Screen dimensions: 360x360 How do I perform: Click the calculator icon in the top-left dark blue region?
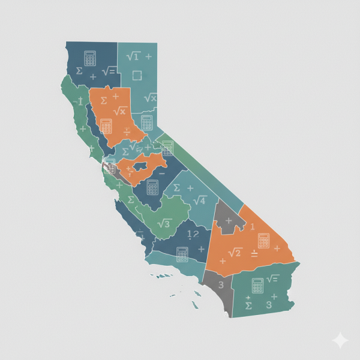90,58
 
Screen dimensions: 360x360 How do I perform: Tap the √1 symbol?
133,56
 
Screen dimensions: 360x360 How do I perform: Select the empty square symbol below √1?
136,76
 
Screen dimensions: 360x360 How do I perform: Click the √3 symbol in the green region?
163,223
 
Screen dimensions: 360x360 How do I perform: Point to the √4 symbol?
199,200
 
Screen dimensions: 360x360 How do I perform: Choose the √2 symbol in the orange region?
235,252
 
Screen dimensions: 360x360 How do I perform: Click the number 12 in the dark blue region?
193,234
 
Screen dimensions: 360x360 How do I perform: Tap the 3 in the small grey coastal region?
221,284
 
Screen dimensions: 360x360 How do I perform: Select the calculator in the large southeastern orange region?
264,241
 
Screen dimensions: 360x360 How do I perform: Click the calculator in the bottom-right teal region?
258,285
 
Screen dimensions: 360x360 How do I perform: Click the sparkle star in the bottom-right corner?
340,340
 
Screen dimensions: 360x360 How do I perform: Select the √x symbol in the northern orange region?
119,111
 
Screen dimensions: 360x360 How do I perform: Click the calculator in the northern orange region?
106,125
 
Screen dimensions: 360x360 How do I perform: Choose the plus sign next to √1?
148,56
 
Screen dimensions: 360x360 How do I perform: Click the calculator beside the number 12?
182,253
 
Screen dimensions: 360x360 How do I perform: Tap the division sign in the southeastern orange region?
254,254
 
